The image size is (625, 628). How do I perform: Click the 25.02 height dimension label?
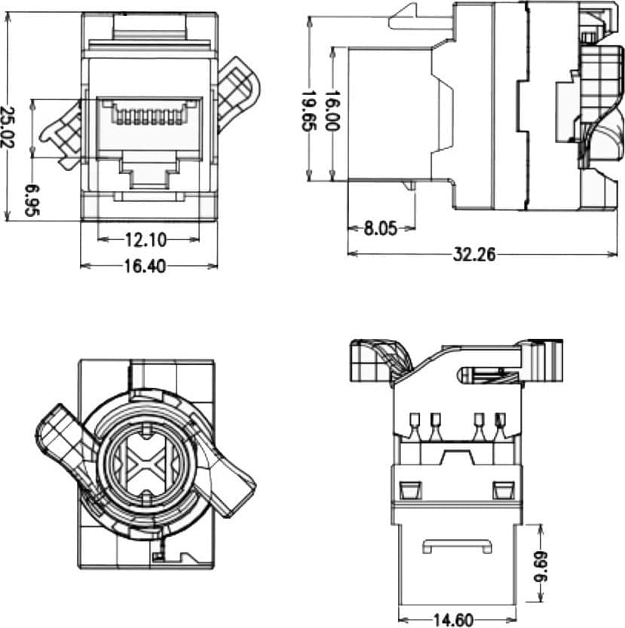tap(7, 127)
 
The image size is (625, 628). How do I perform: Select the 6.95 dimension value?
tap(32, 200)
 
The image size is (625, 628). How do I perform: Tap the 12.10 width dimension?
tap(146, 240)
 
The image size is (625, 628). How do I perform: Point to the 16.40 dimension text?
tap(145, 267)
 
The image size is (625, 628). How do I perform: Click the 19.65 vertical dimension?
tap(308, 111)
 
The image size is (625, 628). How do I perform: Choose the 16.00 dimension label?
tap(332, 111)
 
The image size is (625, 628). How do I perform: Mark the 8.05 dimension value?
tap(381, 229)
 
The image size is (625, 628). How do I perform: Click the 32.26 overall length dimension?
tap(474, 255)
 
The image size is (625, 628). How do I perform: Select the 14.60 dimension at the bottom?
tap(453, 620)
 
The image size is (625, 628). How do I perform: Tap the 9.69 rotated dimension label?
tap(540, 567)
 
